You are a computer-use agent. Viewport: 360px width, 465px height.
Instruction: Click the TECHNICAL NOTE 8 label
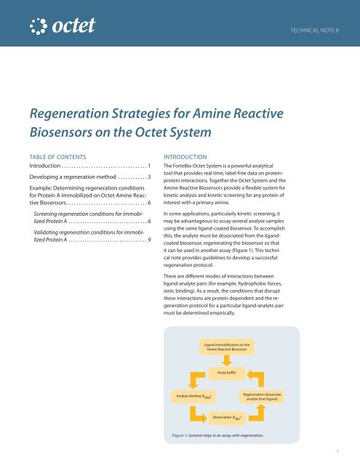coord(319,33)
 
